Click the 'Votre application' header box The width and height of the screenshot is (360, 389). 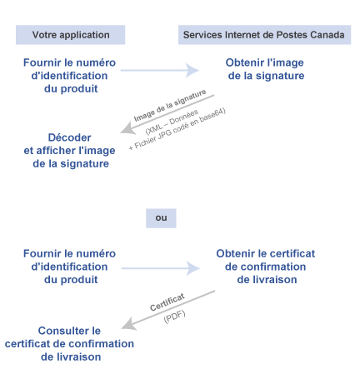coord(70,35)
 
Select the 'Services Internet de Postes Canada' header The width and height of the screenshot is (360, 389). coord(264,35)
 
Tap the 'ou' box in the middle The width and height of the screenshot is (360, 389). coord(161,218)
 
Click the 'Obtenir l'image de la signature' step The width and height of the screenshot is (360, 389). coord(266,69)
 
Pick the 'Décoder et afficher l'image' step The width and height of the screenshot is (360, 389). coord(69,151)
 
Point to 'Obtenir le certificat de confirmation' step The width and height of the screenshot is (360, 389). coord(266,267)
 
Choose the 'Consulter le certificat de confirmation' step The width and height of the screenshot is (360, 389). coord(69,344)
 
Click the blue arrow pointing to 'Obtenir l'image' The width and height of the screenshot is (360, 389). coord(160,70)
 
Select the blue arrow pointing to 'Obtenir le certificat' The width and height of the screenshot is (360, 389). coord(161,268)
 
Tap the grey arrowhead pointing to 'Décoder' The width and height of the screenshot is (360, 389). coord(127,129)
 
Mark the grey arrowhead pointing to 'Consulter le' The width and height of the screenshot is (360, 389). coord(128,325)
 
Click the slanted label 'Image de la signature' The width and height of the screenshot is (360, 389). coord(170,106)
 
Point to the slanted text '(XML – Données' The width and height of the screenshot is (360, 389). coord(172,122)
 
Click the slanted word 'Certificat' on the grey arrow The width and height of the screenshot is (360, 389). coord(167,302)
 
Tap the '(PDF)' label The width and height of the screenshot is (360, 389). coord(174,317)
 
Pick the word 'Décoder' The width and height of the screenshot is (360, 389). coord(69,137)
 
